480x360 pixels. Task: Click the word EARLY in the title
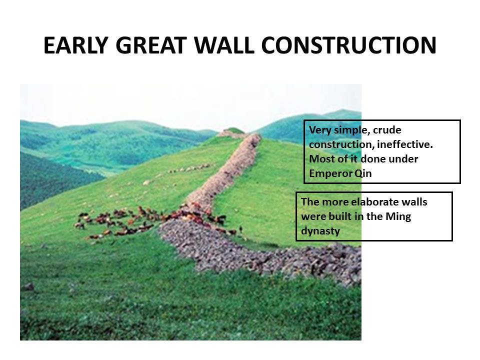click(x=76, y=45)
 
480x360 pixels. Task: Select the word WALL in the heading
click(x=224, y=45)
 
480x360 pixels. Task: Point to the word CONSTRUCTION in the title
click(x=348, y=45)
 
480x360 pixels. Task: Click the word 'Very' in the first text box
click(x=320, y=130)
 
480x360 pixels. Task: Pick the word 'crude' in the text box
click(x=387, y=130)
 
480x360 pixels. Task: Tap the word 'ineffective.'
click(x=405, y=144)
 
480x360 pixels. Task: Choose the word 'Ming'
click(x=398, y=217)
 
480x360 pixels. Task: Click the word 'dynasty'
click(x=320, y=231)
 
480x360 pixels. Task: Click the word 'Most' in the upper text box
click(x=320, y=159)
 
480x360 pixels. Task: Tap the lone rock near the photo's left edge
click(x=28, y=287)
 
